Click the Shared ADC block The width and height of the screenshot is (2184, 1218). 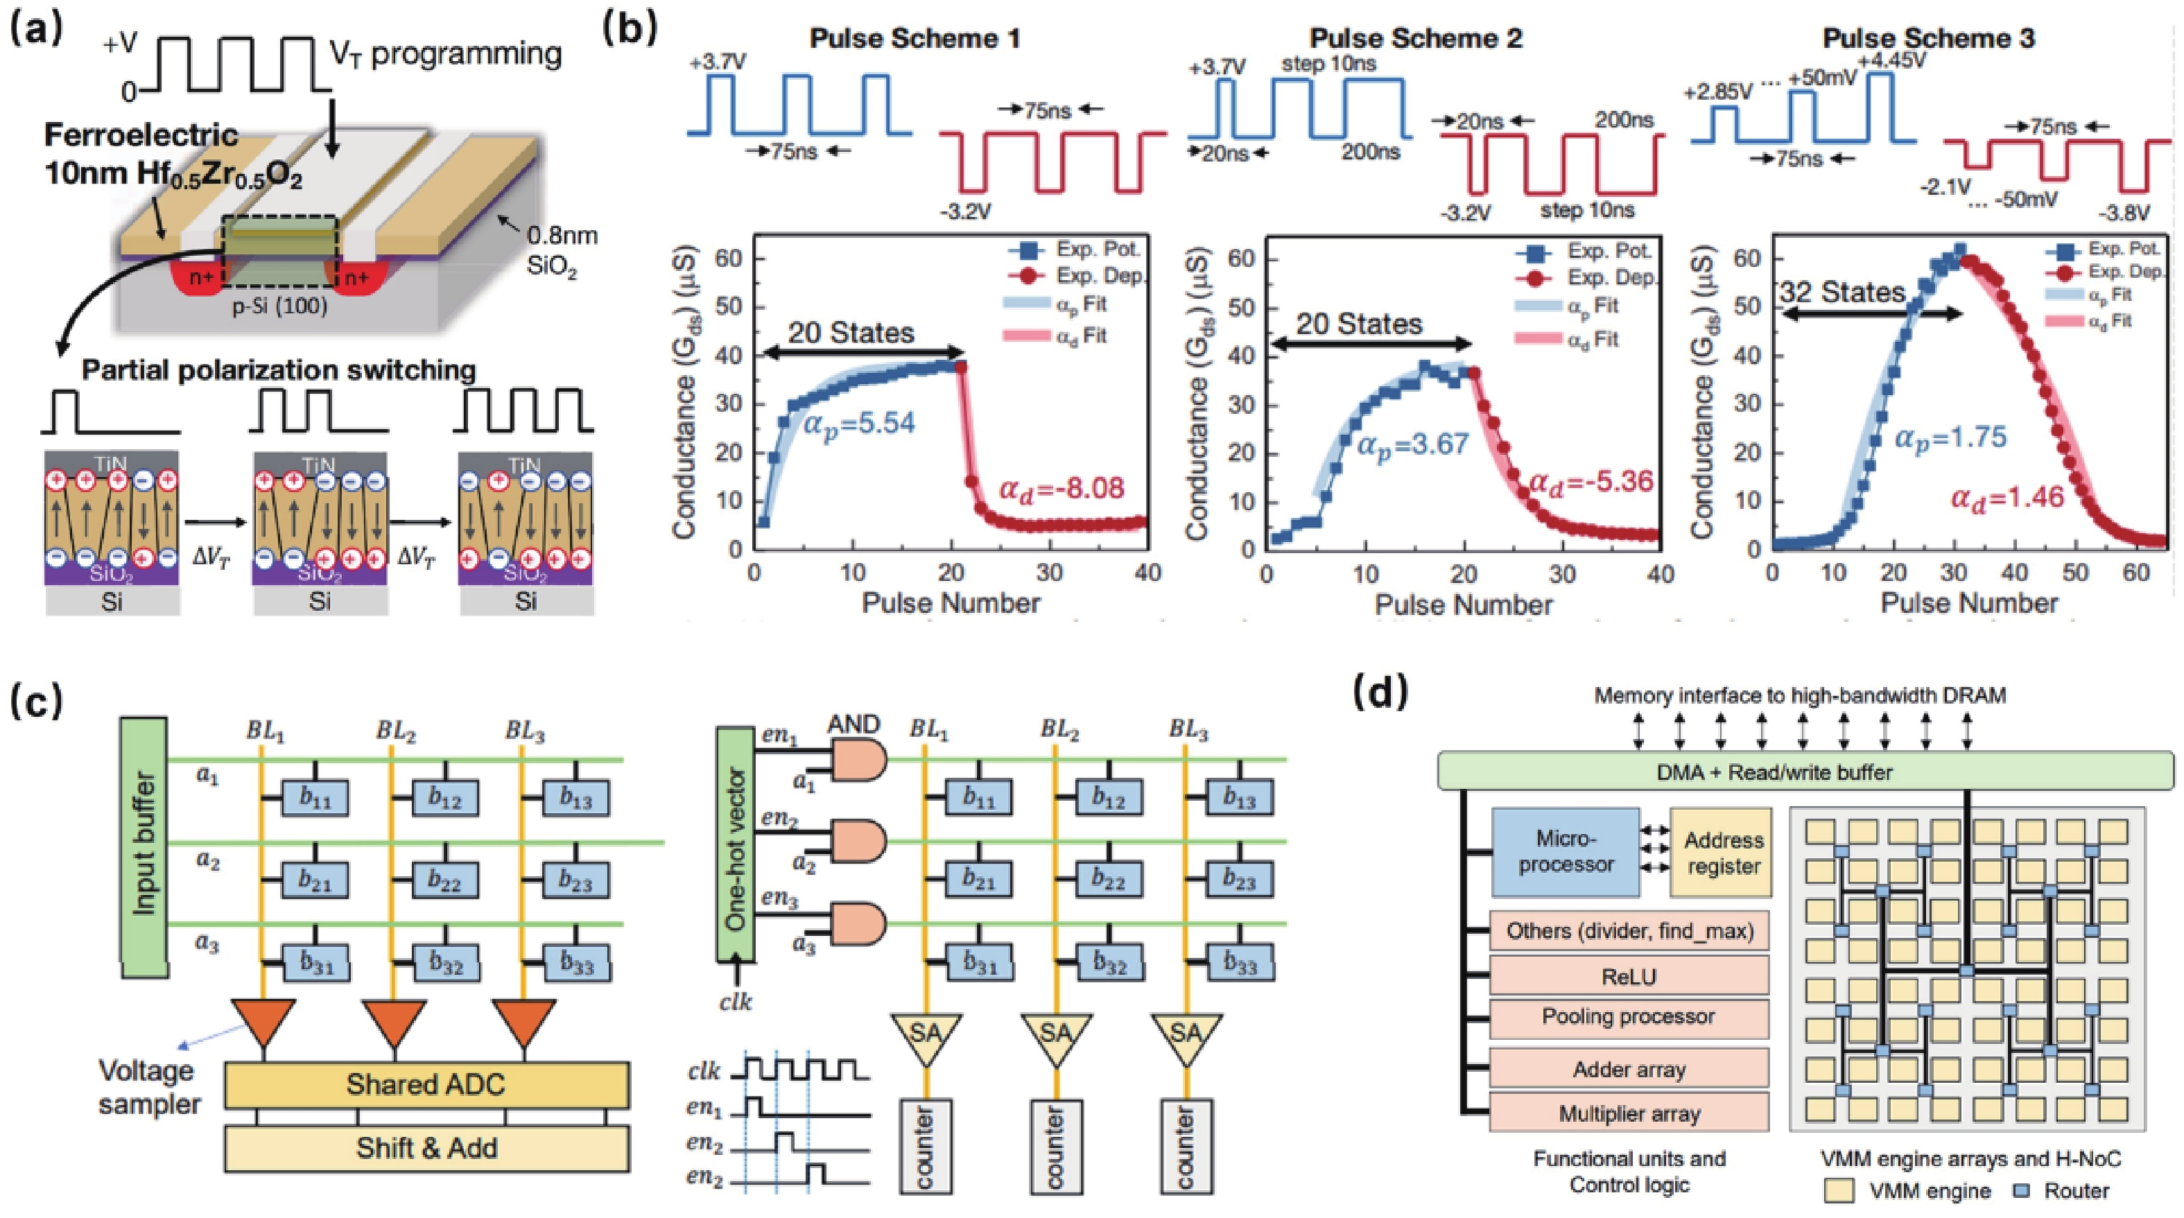pyautogui.click(x=426, y=1085)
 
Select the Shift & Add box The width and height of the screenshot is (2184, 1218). pyautogui.click(x=426, y=1149)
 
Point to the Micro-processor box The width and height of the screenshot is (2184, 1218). pyautogui.click(x=1565, y=852)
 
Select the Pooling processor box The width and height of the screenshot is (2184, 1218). pyautogui.click(x=1629, y=1016)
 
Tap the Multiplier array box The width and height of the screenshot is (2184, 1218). pyautogui.click(x=1629, y=1113)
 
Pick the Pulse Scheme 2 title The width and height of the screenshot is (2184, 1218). pyautogui.click(x=1415, y=38)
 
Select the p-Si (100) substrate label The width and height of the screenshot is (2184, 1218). pyautogui.click(x=280, y=305)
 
